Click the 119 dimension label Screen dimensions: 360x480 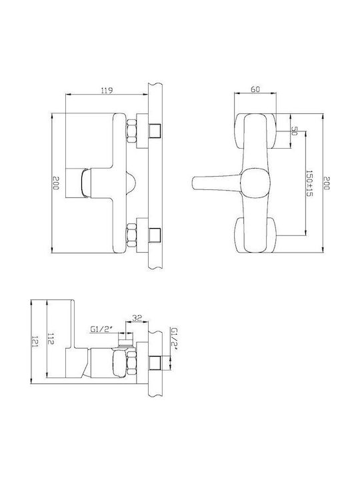click(x=107, y=90)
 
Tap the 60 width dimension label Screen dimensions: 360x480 click(x=255, y=89)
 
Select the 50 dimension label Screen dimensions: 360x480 click(x=294, y=131)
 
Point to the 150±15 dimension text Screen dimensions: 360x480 click(x=309, y=184)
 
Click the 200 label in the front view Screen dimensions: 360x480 click(x=327, y=183)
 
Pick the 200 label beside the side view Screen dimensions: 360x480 click(x=55, y=183)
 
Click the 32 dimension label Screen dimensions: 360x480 click(x=137, y=318)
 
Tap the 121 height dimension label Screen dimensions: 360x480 click(x=34, y=341)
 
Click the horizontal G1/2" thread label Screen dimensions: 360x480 click(x=101, y=329)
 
